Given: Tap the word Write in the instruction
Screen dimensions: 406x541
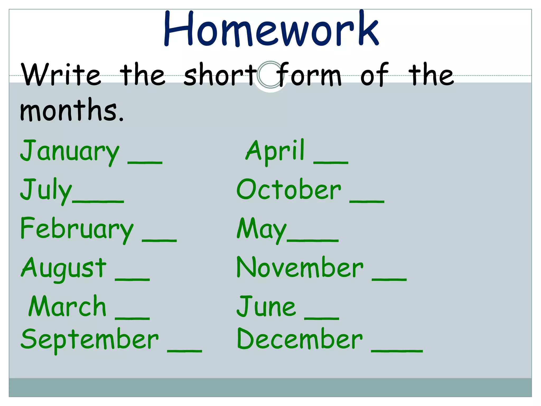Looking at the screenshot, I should point(61,75).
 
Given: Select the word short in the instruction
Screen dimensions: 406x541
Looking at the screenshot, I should point(220,75).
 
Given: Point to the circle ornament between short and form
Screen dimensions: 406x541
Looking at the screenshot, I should point(270,75).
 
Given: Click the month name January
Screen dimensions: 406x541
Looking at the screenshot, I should point(70,151).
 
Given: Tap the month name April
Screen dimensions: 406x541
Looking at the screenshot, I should point(275,151).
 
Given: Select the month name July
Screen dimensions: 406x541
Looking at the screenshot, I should point(46,190).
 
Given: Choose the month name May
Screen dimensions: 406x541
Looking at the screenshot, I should point(262,229).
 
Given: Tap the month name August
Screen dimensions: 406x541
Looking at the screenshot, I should point(64,268).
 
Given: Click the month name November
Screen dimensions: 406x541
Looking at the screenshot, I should point(300,267).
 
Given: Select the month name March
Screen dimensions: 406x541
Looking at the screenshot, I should point(67,306).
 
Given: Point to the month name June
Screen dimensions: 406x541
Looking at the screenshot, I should point(266,306).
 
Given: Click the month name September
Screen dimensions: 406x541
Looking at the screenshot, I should point(90,339).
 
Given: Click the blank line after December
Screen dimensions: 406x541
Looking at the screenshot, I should point(397,351).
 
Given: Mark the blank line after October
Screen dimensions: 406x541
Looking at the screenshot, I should point(367,201).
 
